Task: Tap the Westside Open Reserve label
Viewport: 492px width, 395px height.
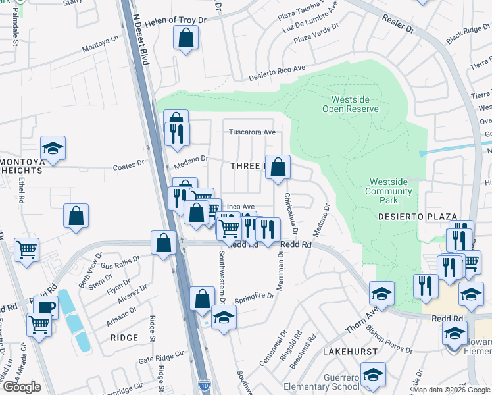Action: point(350,104)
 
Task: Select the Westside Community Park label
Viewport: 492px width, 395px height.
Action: point(391,191)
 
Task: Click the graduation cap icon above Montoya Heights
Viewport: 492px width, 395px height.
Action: point(53,147)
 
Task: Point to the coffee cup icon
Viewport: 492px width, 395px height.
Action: point(45,307)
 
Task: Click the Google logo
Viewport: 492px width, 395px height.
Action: point(22,387)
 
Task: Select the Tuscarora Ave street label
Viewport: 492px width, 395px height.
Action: point(251,132)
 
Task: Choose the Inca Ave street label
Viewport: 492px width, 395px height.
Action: point(240,207)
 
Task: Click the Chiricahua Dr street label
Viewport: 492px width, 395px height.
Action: point(290,214)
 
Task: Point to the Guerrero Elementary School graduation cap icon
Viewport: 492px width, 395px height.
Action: point(373,373)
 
